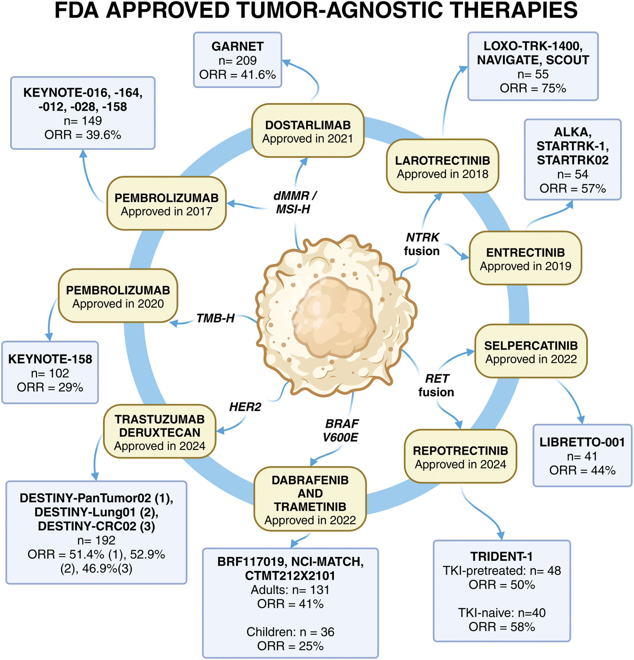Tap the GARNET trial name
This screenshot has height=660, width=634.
[237, 46]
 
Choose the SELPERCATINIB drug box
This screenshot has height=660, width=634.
[531, 352]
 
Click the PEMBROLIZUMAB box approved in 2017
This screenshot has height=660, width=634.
[166, 204]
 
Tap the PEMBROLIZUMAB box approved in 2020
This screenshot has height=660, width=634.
[118, 296]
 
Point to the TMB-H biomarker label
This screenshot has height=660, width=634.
[215, 318]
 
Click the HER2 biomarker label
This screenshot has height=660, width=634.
[245, 407]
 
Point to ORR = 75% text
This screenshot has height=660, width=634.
[533, 88]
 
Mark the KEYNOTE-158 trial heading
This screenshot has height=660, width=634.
[50, 359]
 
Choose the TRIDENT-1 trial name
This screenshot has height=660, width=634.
[501, 556]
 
